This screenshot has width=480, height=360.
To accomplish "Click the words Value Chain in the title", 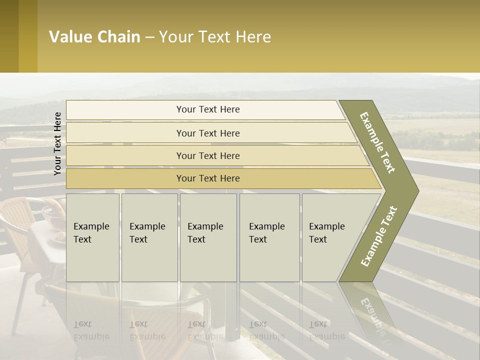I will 94,37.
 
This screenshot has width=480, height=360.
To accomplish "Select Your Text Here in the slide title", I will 215,37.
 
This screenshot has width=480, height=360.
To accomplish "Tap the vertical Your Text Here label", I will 57,143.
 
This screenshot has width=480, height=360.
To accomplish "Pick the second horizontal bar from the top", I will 208,133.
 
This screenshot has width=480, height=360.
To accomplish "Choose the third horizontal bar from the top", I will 208,155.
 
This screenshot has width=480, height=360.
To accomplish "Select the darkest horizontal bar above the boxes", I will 208,178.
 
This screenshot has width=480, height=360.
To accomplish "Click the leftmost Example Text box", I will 92,237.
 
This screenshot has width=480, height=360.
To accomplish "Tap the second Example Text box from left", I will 149,237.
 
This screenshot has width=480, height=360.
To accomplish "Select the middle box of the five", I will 208,237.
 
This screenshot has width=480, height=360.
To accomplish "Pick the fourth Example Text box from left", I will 269,237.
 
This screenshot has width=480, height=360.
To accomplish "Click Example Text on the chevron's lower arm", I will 379,236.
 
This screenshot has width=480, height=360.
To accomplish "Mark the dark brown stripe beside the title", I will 9,36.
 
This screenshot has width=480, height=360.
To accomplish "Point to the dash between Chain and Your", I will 149,37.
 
